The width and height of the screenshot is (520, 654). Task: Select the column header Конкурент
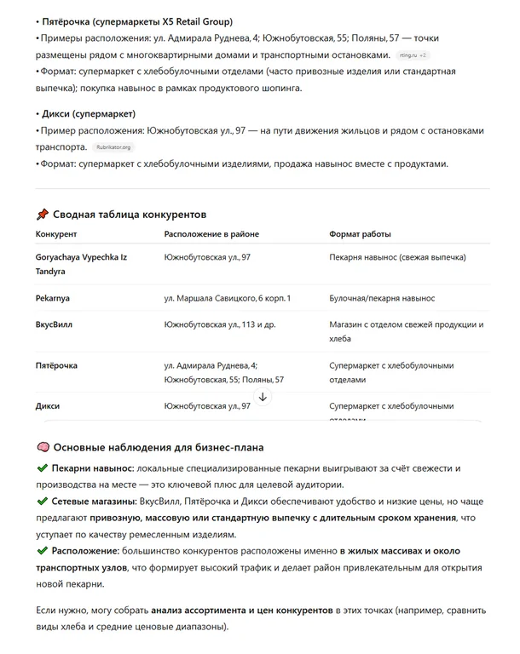coord(56,233)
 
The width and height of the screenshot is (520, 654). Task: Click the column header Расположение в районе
coord(211,233)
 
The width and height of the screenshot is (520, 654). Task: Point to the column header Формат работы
coord(361,233)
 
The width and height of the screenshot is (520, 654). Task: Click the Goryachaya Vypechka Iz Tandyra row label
coord(79,263)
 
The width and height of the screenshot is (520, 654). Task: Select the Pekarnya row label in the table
coord(53,298)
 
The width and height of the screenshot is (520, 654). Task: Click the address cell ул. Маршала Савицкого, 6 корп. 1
coord(228,298)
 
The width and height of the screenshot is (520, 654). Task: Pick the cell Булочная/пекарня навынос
coord(382,298)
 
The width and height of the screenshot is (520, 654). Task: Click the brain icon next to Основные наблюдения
coord(43,447)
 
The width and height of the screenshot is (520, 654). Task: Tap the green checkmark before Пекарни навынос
coord(43,468)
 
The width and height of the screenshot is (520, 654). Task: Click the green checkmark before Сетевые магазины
coord(43,502)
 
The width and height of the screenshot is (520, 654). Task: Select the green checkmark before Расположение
coord(43,552)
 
